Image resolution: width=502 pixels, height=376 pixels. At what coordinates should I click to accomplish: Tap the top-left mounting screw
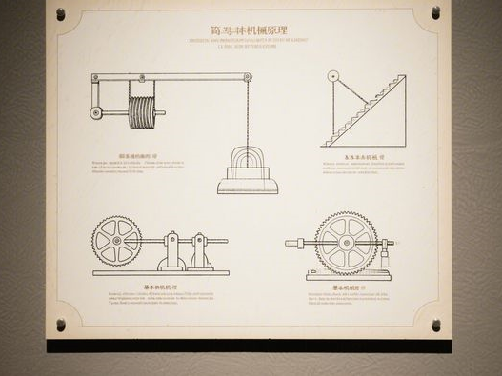(x=61, y=14)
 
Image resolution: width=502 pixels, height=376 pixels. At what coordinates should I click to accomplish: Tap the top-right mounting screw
(x=435, y=12)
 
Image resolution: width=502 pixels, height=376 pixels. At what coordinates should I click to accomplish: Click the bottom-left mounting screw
(x=61, y=325)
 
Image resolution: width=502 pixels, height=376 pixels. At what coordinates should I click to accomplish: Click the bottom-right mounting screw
(x=435, y=325)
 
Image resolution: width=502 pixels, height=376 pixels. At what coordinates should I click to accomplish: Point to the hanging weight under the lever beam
(x=247, y=172)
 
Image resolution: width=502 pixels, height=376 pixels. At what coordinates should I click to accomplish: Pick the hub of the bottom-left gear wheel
(x=116, y=241)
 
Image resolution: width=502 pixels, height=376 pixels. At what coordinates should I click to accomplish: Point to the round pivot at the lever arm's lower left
(x=96, y=112)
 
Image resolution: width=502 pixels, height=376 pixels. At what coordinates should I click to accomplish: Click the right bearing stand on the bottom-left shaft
(x=199, y=250)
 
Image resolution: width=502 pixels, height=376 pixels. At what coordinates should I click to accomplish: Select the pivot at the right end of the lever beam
(x=248, y=77)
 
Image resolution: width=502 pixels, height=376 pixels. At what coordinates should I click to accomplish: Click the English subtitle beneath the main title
(x=250, y=43)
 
